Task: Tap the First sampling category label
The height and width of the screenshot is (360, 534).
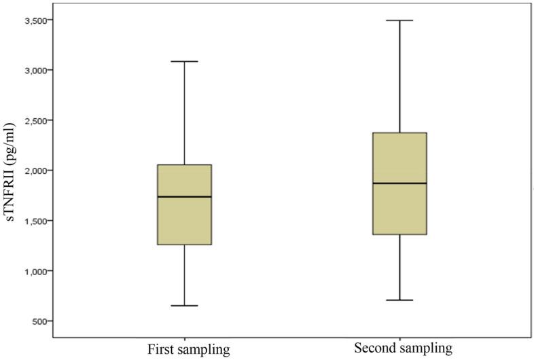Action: click(189, 350)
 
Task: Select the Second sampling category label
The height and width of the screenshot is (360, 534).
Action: click(403, 348)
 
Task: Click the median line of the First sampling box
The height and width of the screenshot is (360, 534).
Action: click(184, 196)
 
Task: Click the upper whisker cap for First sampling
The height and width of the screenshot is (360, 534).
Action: click(184, 61)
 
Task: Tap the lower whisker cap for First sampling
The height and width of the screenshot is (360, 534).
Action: click(184, 306)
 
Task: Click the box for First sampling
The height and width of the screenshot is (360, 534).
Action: click(184, 217)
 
